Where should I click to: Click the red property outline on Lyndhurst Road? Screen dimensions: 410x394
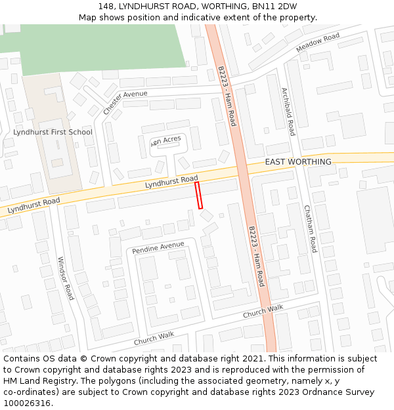click(x=199, y=195)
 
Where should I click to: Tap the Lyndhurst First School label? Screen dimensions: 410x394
click(x=53, y=132)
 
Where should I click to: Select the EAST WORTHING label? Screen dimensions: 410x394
click(x=298, y=162)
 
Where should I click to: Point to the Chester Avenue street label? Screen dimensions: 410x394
click(x=125, y=102)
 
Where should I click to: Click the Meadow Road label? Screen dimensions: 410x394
click(x=318, y=43)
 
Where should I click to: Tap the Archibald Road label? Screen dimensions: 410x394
click(x=288, y=112)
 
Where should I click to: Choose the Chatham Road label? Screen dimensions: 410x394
click(x=310, y=228)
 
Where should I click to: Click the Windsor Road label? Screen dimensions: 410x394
click(x=66, y=278)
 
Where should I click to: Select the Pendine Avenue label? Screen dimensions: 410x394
click(x=158, y=248)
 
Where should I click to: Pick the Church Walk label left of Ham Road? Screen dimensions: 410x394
click(x=154, y=338)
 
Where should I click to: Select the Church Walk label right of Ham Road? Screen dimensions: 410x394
click(x=263, y=311)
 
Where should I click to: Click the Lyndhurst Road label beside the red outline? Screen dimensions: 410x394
click(x=171, y=182)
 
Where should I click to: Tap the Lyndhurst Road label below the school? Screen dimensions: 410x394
click(x=33, y=205)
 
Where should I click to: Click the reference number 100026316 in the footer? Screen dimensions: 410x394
click(x=27, y=403)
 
